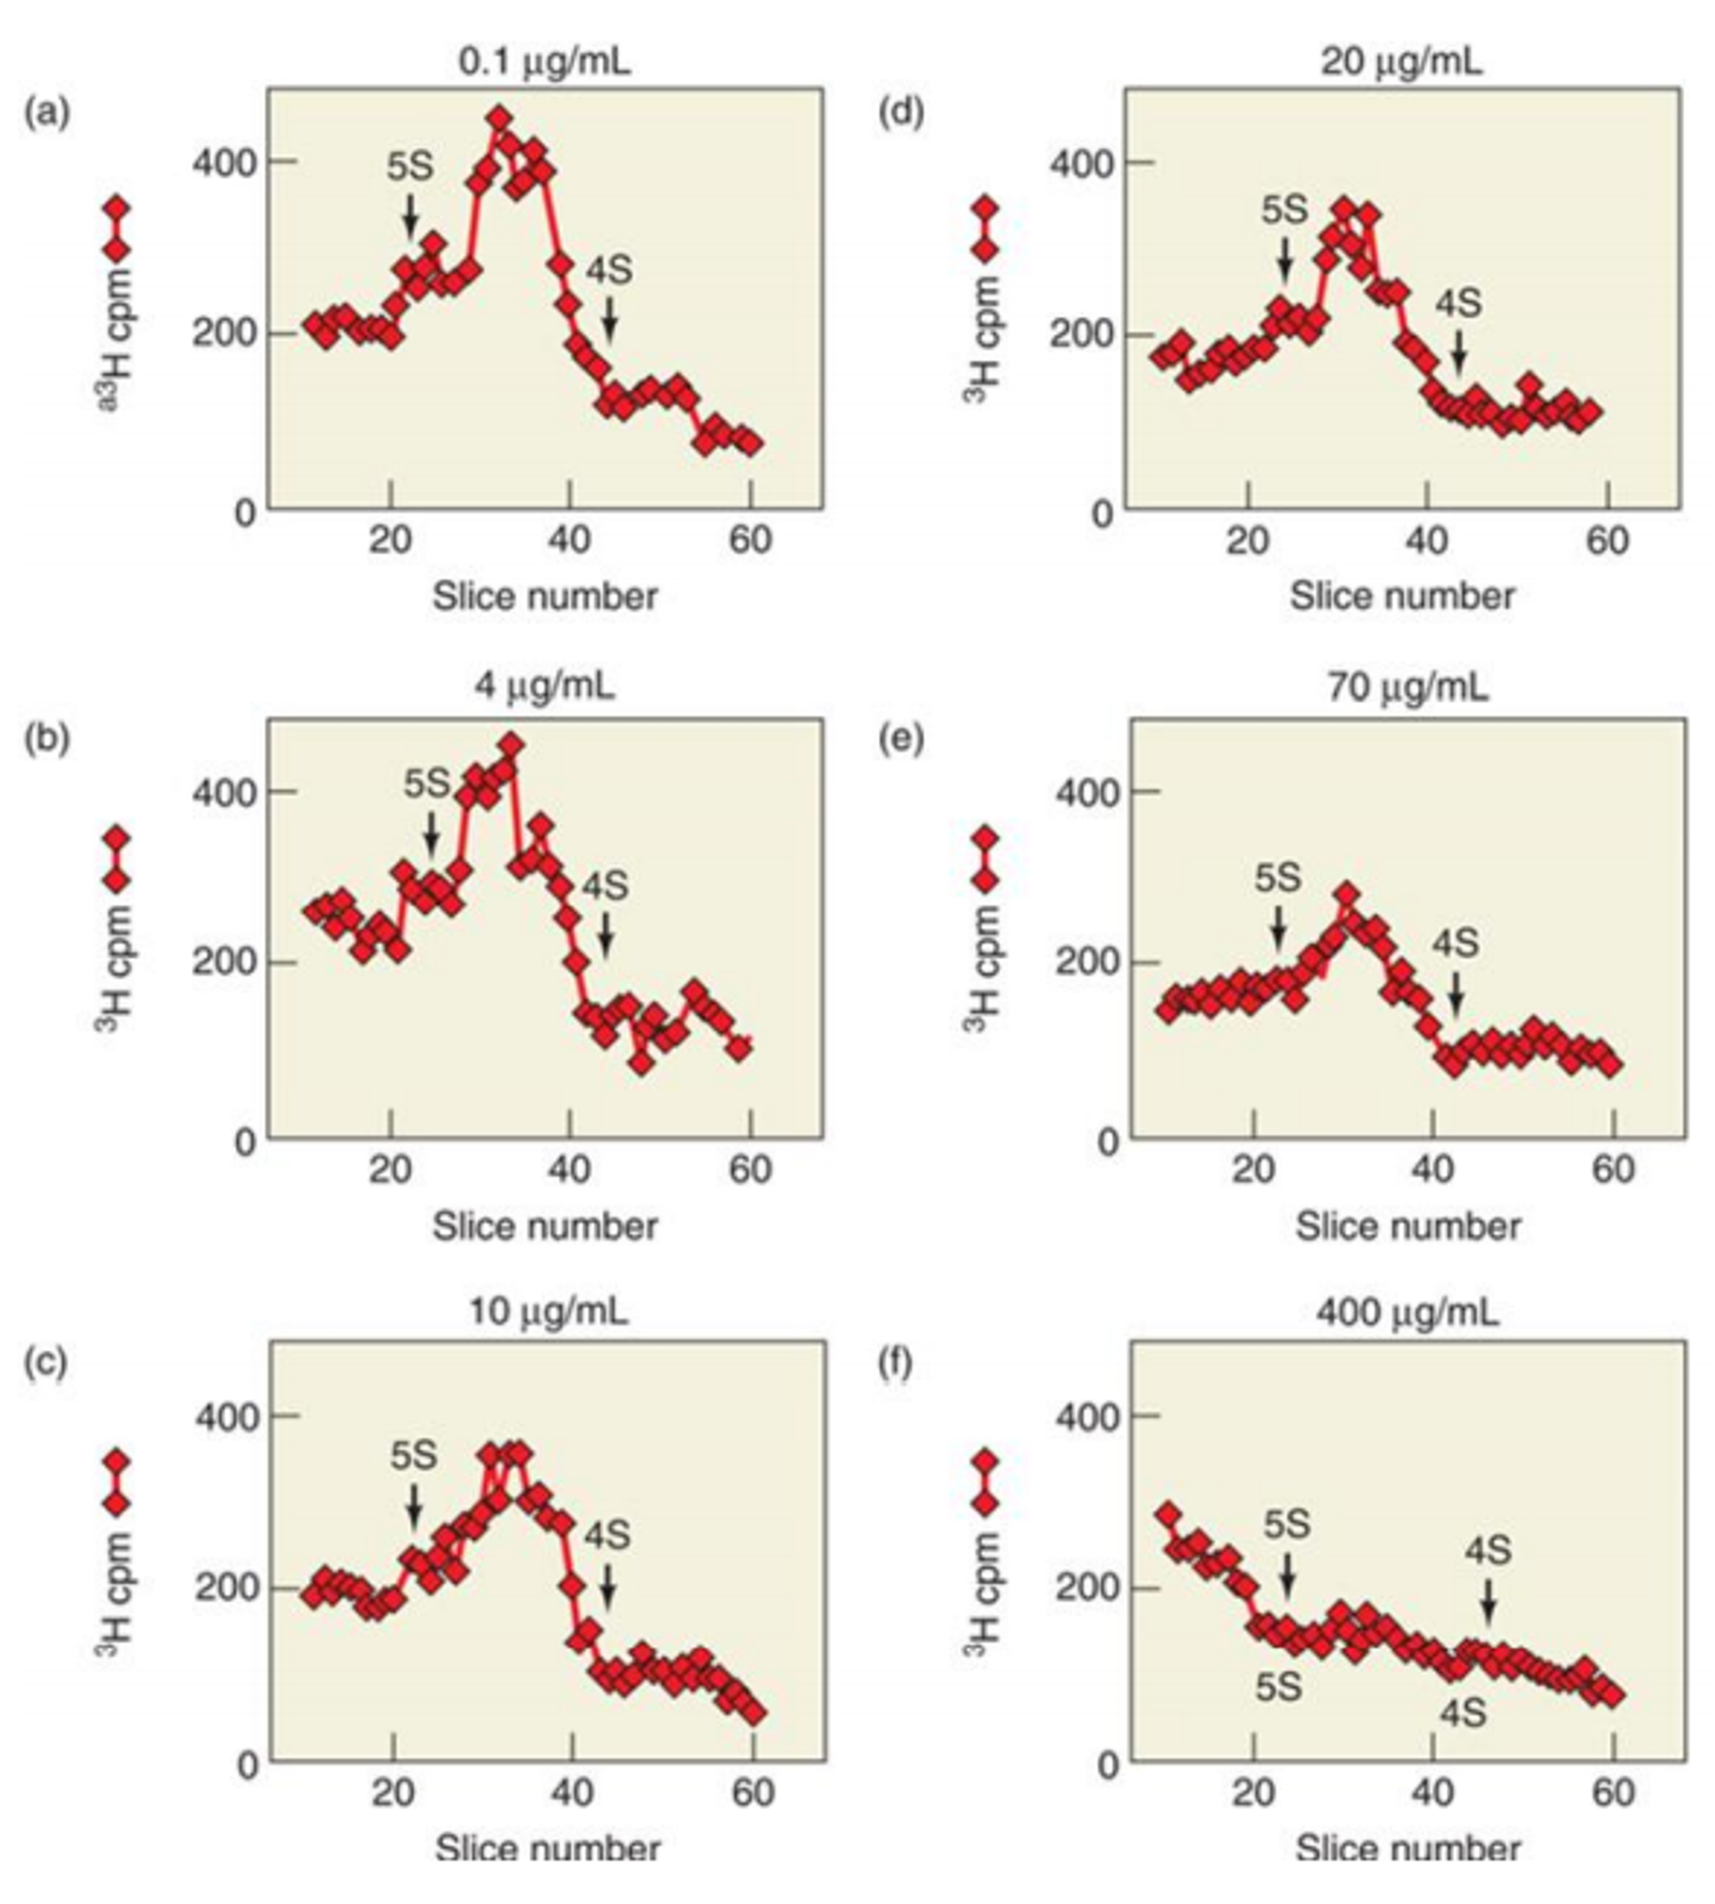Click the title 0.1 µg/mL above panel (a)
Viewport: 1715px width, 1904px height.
click(545, 63)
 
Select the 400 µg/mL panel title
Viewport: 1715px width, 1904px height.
click(1407, 1312)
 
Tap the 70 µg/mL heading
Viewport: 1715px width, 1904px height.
click(1408, 688)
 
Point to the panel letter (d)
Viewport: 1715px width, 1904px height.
click(901, 112)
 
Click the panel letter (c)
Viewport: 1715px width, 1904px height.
click(45, 1363)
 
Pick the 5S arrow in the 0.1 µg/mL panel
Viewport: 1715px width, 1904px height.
click(410, 216)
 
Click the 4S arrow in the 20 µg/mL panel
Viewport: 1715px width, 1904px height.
click(1459, 351)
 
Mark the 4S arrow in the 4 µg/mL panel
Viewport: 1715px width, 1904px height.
click(606, 933)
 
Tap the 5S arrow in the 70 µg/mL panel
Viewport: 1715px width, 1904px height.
click(1278, 927)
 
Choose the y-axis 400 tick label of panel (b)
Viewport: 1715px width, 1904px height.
click(223, 792)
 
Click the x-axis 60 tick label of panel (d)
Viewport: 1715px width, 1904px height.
click(1607, 541)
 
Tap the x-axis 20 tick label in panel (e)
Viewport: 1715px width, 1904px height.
click(1254, 1169)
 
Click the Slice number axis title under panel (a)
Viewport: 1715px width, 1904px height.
click(545, 597)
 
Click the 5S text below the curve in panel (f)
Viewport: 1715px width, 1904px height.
click(1279, 1687)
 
